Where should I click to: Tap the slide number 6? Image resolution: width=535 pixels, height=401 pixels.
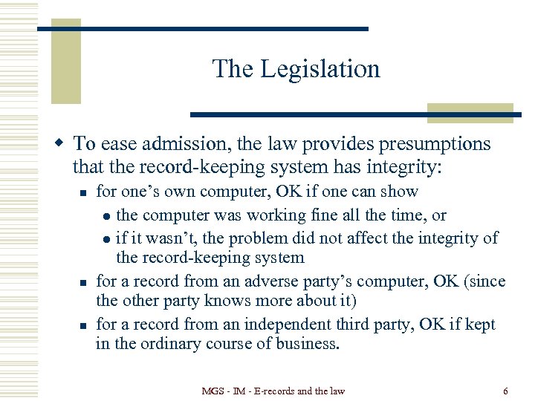505,390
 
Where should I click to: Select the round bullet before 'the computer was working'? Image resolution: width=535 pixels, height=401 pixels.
107,216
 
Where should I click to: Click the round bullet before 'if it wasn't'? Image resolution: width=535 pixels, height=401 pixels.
107,239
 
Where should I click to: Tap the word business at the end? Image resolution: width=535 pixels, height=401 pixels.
308,344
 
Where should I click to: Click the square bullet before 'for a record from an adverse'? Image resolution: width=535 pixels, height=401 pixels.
83,283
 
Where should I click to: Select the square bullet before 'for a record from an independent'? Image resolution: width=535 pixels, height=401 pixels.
83,325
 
